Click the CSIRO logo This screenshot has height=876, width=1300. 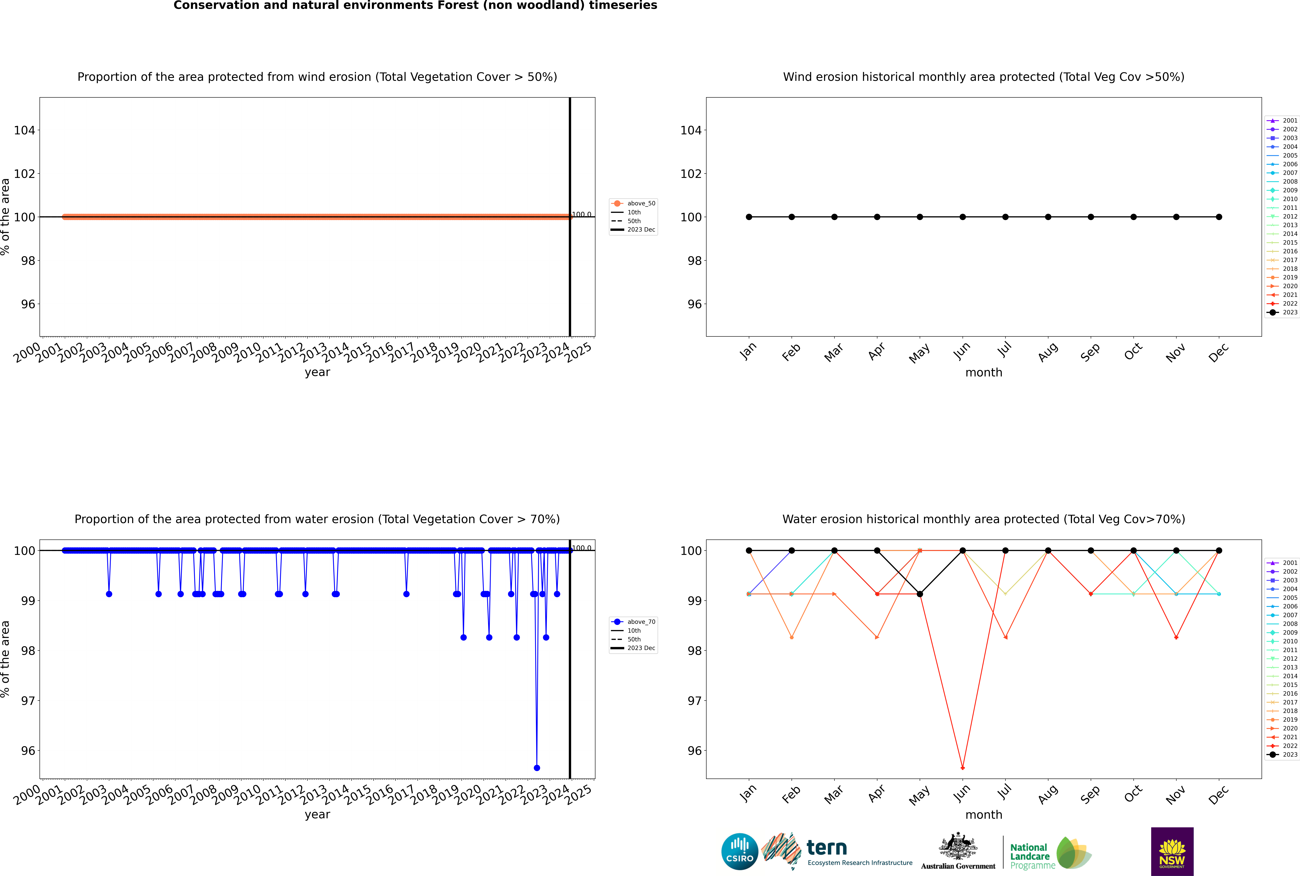click(739, 851)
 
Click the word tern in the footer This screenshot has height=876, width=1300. click(827, 848)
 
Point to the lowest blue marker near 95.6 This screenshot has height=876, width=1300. click(536, 768)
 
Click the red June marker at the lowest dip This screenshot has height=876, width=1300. click(962, 768)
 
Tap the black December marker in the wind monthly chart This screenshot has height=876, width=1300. click(1219, 217)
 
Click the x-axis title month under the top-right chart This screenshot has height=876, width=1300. click(984, 373)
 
